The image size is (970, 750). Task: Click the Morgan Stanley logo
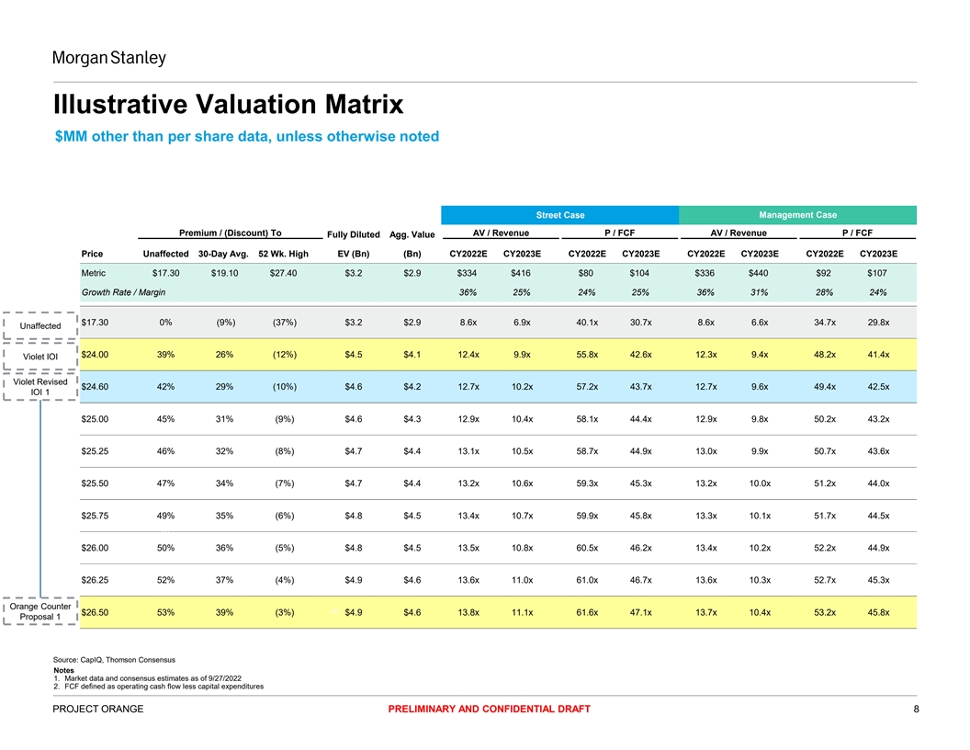tap(109, 59)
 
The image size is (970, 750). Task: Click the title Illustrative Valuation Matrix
tap(229, 104)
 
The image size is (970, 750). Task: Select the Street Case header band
tap(560, 215)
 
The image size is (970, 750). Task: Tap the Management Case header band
tap(797, 215)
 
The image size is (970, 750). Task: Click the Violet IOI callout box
tap(40, 357)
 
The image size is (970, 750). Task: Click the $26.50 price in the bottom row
tap(96, 612)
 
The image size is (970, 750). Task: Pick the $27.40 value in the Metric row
tap(284, 273)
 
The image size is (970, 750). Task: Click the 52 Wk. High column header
tap(284, 254)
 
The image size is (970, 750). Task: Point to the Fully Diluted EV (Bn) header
tap(354, 244)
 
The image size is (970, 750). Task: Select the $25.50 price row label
tap(96, 483)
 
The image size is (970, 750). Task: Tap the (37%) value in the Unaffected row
tap(284, 323)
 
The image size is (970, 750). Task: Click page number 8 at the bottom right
tap(915, 709)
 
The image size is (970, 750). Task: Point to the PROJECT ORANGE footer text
tap(98, 709)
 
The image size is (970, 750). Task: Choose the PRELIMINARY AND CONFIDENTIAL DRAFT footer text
tap(489, 709)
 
